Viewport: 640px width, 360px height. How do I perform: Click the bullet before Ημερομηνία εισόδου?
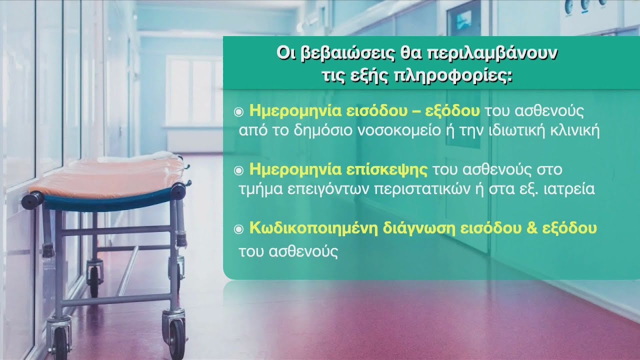[238, 112]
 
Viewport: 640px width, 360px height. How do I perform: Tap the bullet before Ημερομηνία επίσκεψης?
[238, 170]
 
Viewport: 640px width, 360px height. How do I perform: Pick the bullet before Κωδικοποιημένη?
[238, 229]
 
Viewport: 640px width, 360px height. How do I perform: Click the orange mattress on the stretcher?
[108, 175]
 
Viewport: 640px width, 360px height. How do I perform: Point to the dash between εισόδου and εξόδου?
[415, 112]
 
